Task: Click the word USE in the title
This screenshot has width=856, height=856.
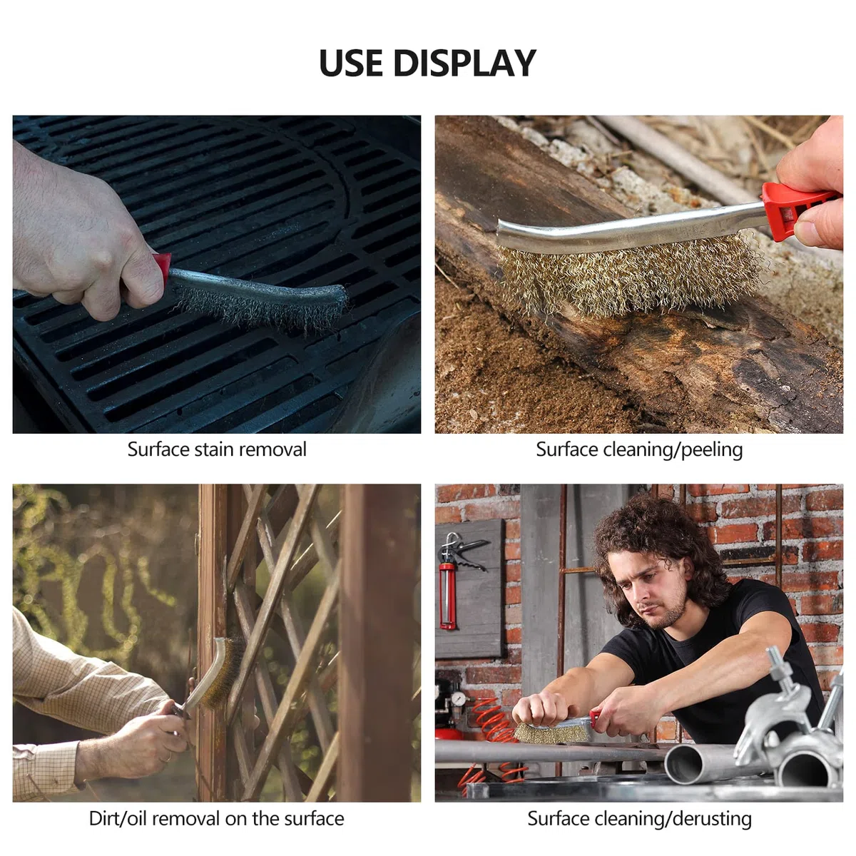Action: [350, 63]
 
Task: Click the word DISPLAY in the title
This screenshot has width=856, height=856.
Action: [464, 63]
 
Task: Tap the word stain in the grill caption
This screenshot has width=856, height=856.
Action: [216, 449]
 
